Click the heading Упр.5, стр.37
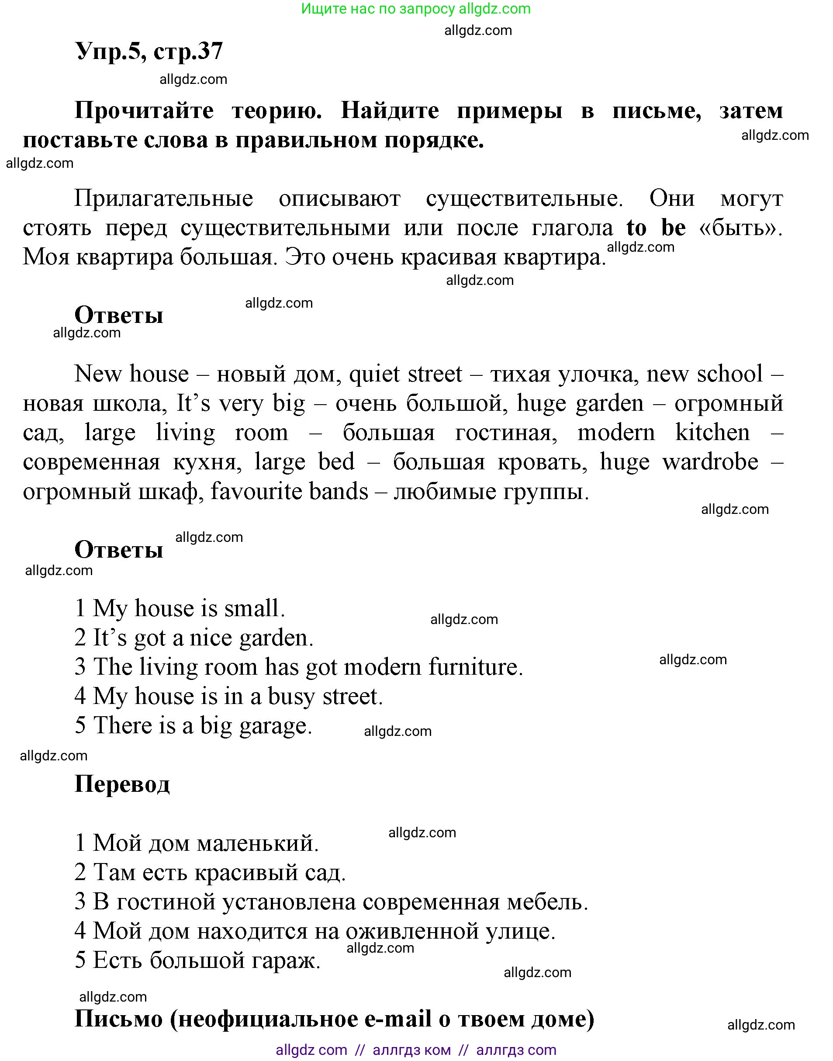149,51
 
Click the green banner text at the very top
415,9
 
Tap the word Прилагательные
163,198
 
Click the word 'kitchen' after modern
712,433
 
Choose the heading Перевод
122,784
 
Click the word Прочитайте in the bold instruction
144,111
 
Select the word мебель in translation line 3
547,902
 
